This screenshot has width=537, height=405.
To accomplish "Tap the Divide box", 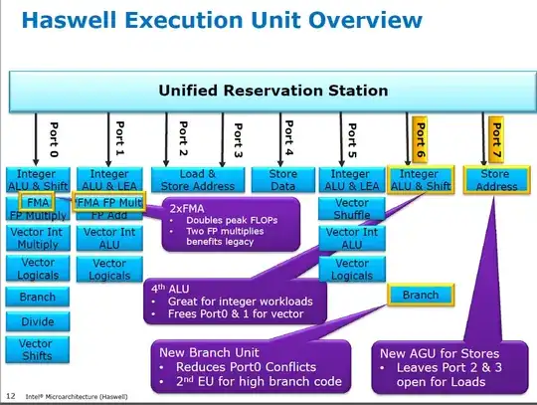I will [37, 321].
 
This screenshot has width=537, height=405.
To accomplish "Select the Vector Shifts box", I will [37, 349].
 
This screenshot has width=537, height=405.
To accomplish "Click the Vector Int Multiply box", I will [37, 237].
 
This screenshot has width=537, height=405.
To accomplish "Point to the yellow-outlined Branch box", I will [421, 296].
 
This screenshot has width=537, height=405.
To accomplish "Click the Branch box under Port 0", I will [37, 296].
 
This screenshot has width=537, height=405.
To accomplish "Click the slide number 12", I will [8, 397].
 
